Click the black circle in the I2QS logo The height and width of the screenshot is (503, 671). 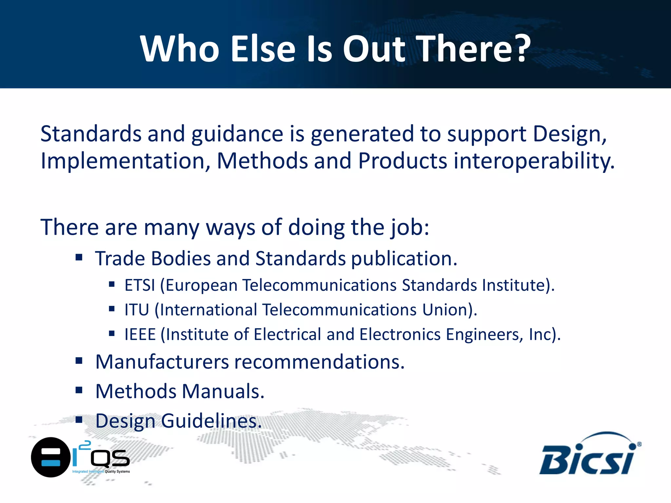pyautogui.click(x=50, y=457)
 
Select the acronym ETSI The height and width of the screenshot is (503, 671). pyautogui.click(x=140, y=285)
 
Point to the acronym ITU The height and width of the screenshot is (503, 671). pyautogui.click(x=137, y=310)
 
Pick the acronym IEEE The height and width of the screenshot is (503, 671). pyautogui.click(x=140, y=335)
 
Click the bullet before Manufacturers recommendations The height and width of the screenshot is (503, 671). pyautogui.click(x=79, y=361)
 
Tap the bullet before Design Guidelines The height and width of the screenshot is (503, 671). pyautogui.click(x=79, y=419)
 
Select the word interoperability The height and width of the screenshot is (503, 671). pyautogui.click(x=534, y=161)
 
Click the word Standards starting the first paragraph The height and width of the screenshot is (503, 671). pyautogui.click(x=91, y=134)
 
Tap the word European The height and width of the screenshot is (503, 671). pyautogui.click(x=201, y=285)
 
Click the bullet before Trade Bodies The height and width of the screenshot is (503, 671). pyautogui.click(x=79, y=257)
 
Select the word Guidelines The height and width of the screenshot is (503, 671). pyautogui.click(x=211, y=421)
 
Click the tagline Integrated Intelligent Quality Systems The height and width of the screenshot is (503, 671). pyautogui.click(x=101, y=472)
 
